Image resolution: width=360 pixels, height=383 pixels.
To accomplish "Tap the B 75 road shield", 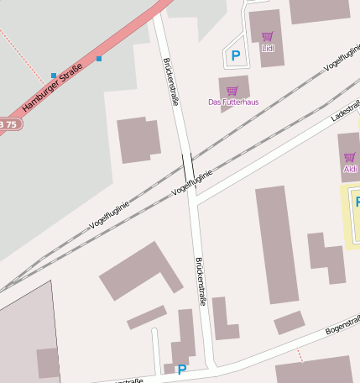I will [8, 124].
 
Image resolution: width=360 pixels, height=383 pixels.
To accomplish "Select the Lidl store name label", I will [269, 48].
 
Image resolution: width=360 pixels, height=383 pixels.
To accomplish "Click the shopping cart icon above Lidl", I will [268, 36].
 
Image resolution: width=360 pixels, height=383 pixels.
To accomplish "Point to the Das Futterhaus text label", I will [233, 102].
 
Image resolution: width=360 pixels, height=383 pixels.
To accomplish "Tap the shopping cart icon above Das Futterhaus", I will [232, 91].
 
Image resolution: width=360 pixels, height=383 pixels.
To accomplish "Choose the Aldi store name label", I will [350, 169].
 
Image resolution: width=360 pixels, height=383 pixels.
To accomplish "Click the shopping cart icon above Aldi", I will [349, 157].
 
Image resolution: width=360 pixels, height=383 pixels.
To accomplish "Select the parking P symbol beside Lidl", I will [236, 56].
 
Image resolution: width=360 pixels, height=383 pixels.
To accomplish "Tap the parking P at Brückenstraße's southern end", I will [181, 369].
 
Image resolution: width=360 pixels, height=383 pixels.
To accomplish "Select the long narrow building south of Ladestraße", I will [277, 244].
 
